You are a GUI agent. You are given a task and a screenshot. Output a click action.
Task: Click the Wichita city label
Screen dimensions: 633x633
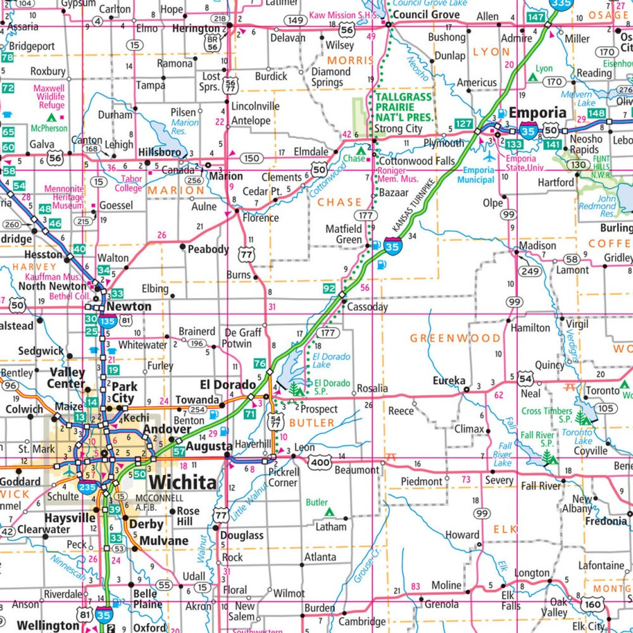(x=183, y=482)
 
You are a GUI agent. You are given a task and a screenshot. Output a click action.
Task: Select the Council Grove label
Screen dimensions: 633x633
(x=426, y=14)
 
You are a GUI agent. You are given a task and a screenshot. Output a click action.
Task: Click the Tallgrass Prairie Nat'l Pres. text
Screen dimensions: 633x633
(x=404, y=108)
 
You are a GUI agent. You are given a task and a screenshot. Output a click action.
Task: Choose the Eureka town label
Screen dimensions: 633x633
(x=448, y=381)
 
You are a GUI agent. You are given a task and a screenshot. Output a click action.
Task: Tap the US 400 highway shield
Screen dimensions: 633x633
(x=320, y=464)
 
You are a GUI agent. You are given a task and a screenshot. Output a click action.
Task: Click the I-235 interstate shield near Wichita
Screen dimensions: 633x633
(x=87, y=486)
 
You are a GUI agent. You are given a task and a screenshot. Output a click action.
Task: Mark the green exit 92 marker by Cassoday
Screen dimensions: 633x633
(x=329, y=289)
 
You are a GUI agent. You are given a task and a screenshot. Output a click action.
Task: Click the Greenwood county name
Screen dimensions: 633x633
(x=454, y=338)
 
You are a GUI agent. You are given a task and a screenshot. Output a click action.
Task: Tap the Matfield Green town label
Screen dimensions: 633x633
(x=344, y=234)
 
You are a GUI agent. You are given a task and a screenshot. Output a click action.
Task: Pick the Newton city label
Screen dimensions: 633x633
(x=128, y=306)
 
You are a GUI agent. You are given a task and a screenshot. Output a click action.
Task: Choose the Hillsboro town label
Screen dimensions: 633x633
(x=159, y=153)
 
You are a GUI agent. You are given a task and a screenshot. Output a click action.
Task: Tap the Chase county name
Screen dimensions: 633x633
(x=339, y=203)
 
